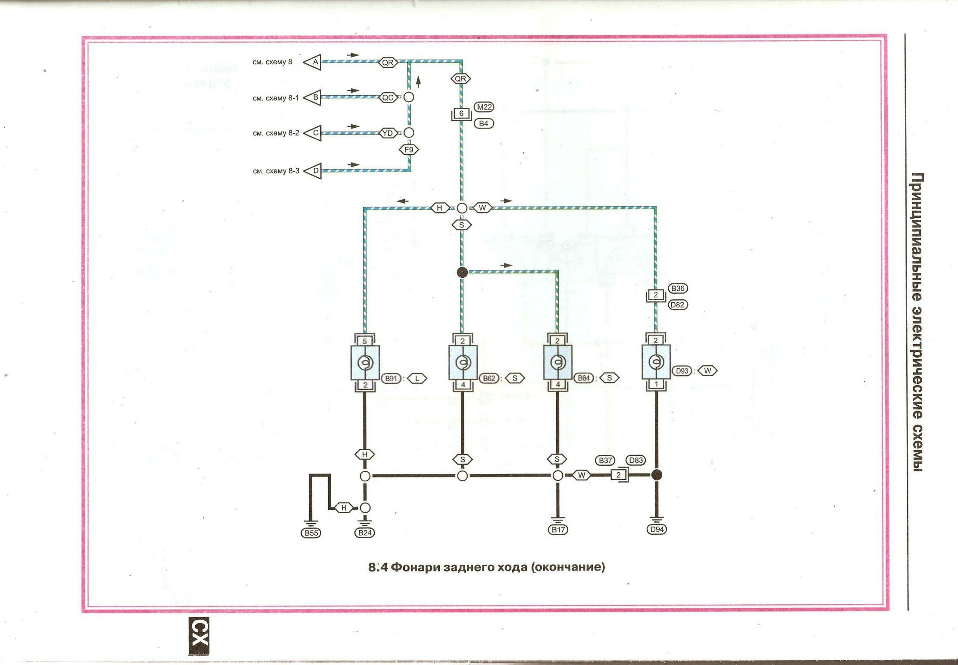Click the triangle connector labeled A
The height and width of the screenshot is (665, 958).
pyautogui.click(x=313, y=62)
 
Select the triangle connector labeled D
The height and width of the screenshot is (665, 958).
pyautogui.click(x=314, y=171)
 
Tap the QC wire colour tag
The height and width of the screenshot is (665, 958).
pyautogui.click(x=388, y=97)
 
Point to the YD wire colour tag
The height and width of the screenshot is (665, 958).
pyautogui.click(x=388, y=133)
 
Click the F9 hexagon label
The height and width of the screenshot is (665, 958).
pyautogui.click(x=409, y=150)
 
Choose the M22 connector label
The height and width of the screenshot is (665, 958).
pyautogui.click(x=484, y=107)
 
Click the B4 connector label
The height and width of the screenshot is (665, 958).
pyautogui.click(x=483, y=123)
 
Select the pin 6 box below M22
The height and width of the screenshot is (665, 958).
pyautogui.click(x=461, y=113)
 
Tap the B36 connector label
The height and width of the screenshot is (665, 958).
pyautogui.click(x=677, y=288)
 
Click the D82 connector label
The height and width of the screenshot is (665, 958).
pyautogui.click(x=677, y=304)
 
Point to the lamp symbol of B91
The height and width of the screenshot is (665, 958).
pyautogui.click(x=365, y=363)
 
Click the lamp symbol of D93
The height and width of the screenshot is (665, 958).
pyautogui.click(x=656, y=362)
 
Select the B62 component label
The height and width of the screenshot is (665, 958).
pyautogui.click(x=489, y=378)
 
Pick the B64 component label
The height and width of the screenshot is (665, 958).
pyautogui.click(x=583, y=378)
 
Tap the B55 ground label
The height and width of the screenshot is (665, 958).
pyautogui.click(x=311, y=533)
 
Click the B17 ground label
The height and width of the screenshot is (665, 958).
pyautogui.click(x=558, y=529)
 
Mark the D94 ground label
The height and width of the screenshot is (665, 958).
pyautogui.click(x=657, y=529)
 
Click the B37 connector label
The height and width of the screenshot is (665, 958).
pyautogui.click(x=605, y=460)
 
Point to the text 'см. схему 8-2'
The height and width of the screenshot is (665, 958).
pyautogui.click(x=276, y=133)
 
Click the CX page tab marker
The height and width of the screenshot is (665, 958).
pyautogui.click(x=199, y=637)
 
